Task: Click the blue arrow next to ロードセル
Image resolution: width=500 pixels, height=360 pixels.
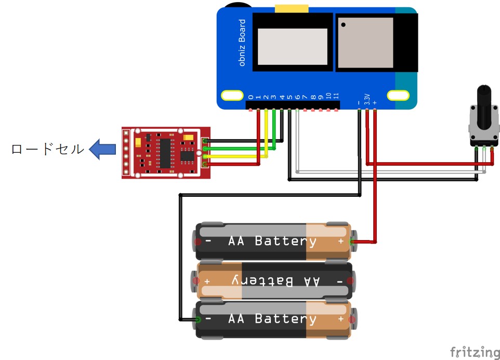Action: [x=102, y=150]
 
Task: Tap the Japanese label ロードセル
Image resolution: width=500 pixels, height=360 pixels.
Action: [x=47, y=150]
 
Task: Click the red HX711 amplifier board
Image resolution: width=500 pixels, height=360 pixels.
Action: [x=166, y=152]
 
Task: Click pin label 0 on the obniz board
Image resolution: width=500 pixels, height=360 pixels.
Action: [x=251, y=97]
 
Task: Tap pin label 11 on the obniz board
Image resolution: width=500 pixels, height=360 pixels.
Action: [x=336, y=96]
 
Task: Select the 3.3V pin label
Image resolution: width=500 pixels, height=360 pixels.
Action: [x=366, y=99]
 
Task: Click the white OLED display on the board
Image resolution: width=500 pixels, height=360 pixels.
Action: [x=293, y=47]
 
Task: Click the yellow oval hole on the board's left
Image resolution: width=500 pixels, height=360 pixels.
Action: [x=231, y=96]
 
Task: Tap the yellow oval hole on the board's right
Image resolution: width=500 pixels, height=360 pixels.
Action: [x=398, y=96]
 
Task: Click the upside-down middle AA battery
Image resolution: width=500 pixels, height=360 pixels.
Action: [x=274, y=281]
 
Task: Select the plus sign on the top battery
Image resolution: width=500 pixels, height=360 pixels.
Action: [x=340, y=242]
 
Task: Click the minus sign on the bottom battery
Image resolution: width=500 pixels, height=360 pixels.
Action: [x=208, y=319]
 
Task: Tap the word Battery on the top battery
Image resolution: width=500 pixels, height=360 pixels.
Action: [x=285, y=242]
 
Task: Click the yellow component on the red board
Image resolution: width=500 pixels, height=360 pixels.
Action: [x=138, y=141]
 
